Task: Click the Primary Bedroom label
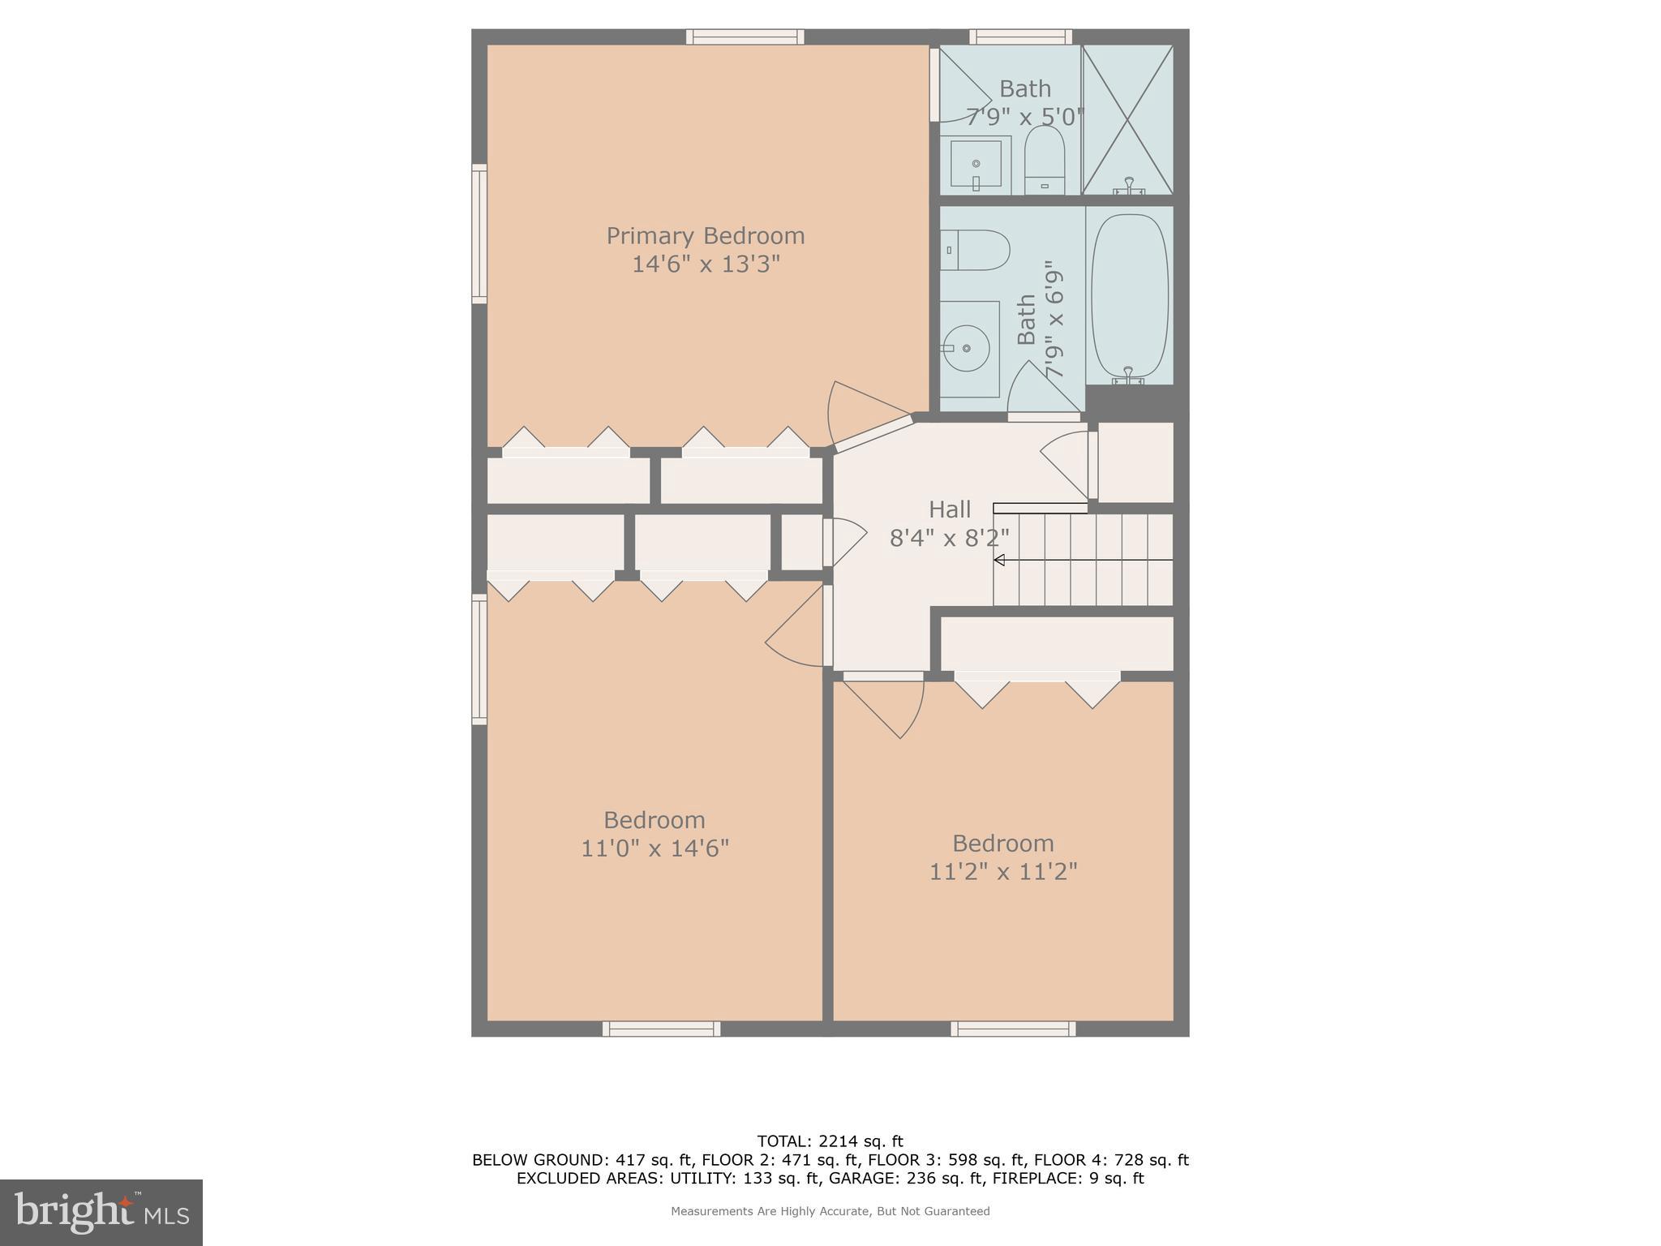tap(706, 236)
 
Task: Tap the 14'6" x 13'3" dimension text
tap(706, 264)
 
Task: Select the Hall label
tap(949, 509)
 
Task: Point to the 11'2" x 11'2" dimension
tap(1002, 872)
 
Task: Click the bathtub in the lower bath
tap(1129, 295)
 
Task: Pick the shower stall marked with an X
tap(1127, 119)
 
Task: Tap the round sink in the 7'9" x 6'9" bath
tap(967, 348)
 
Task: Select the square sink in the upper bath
tap(976, 164)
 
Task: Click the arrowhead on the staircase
tap(999, 561)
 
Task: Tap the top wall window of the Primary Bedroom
tap(745, 37)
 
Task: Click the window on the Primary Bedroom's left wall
tap(479, 234)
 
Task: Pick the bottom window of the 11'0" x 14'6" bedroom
tap(661, 1029)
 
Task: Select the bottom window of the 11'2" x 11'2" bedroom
tap(1013, 1029)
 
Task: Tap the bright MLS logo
tap(101, 1213)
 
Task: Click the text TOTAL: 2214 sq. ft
tap(830, 1141)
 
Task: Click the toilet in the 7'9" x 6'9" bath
tap(977, 250)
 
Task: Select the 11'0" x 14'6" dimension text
tap(655, 849)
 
